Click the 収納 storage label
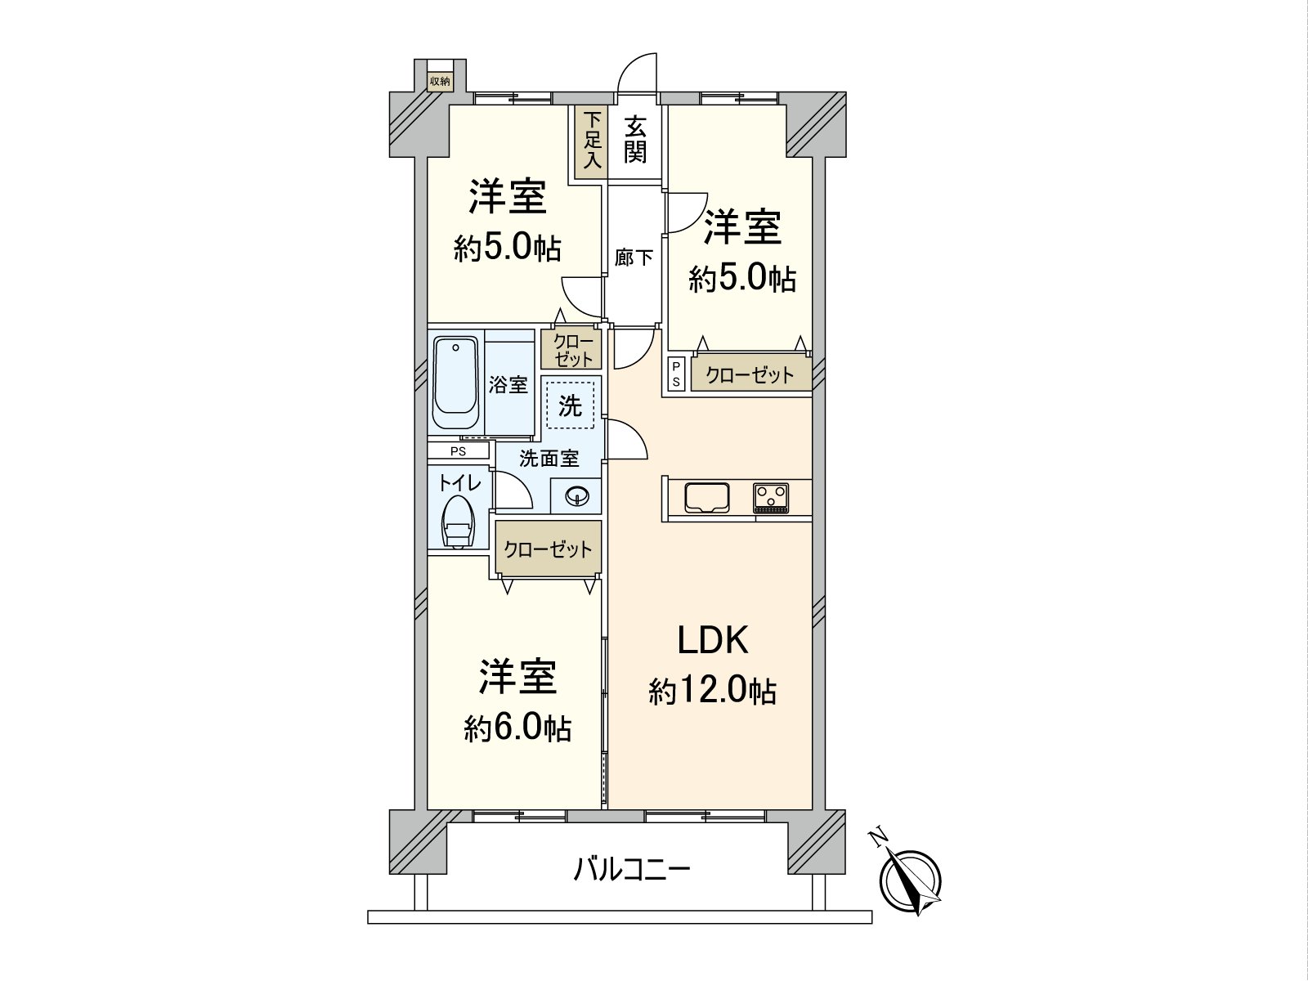coord(440,82)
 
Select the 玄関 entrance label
coord(636,141)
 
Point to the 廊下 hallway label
coord(634,258)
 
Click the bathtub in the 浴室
coord(456,382)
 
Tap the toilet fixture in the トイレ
coord(458,522)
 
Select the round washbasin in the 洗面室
coord(576,495)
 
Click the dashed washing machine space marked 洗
coord(571,405)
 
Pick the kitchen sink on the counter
coord(707,497)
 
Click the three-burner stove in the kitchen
coord(771,498)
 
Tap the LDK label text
coord(712,641)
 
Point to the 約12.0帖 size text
coord(712,692)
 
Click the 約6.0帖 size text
coord(517,728)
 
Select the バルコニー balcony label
coord(632,870)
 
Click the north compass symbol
coord(911,881)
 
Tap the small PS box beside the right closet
coord(676,374)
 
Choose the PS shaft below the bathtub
coord(459,451)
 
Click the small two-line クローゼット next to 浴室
coord(571,350)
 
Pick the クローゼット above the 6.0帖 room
coord(549,549)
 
